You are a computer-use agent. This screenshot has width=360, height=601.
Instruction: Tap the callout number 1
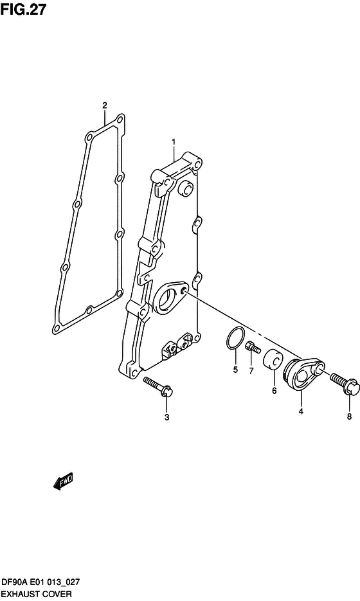point(173,141)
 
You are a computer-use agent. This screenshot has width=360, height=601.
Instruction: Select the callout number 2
point(105,105)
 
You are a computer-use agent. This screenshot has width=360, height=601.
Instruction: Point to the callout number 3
point(166,418)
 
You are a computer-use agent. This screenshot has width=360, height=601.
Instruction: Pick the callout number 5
point(235,370)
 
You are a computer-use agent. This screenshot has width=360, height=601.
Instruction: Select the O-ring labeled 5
point(235,338)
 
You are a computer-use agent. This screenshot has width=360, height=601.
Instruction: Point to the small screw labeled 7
point(253,349)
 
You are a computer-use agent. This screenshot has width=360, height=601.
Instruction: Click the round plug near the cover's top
point(186,189)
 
